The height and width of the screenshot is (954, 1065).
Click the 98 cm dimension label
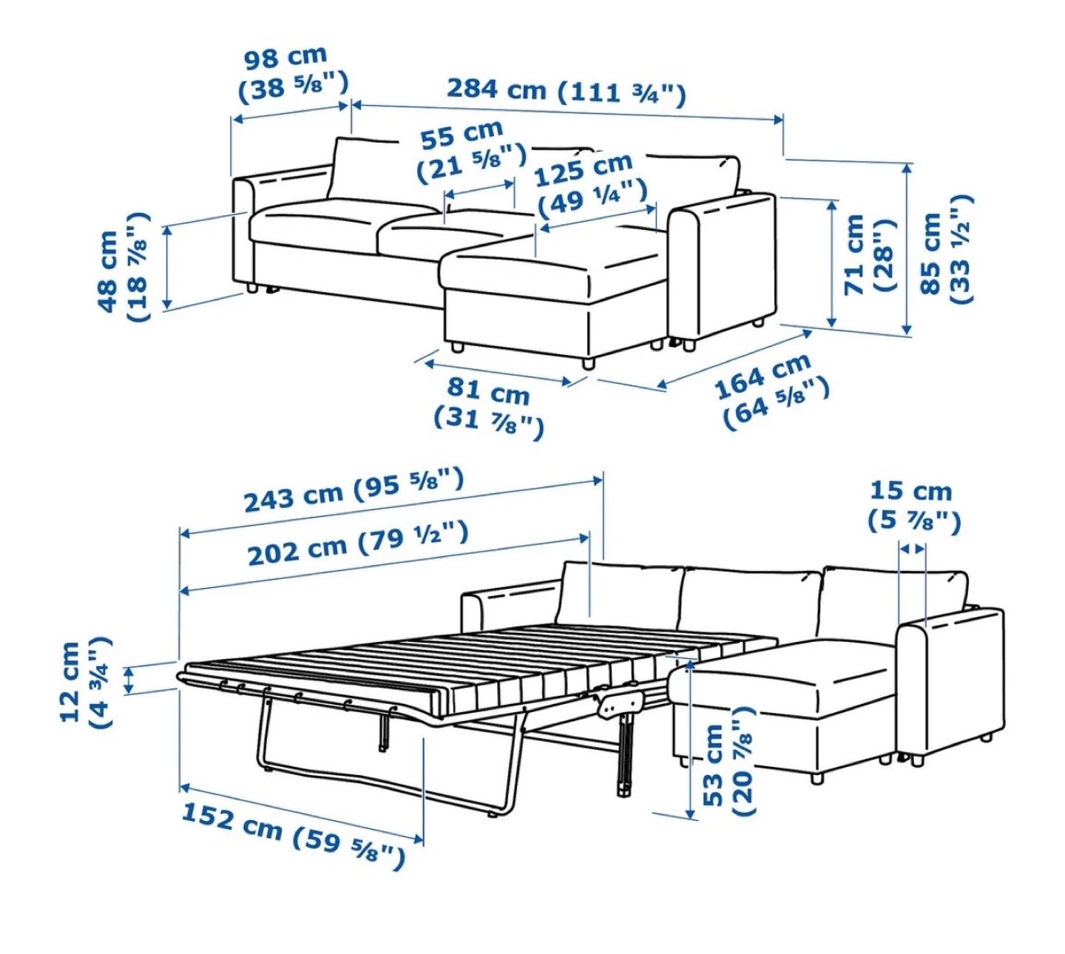294,74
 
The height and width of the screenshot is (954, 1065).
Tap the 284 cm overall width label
566,92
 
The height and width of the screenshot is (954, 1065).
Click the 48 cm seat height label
124,267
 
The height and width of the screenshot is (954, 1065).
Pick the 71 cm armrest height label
868,255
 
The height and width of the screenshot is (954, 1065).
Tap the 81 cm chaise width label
488,408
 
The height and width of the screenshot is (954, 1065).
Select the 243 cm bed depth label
354,493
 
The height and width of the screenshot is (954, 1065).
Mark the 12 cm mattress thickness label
87,683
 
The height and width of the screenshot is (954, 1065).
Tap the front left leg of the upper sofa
251,288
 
